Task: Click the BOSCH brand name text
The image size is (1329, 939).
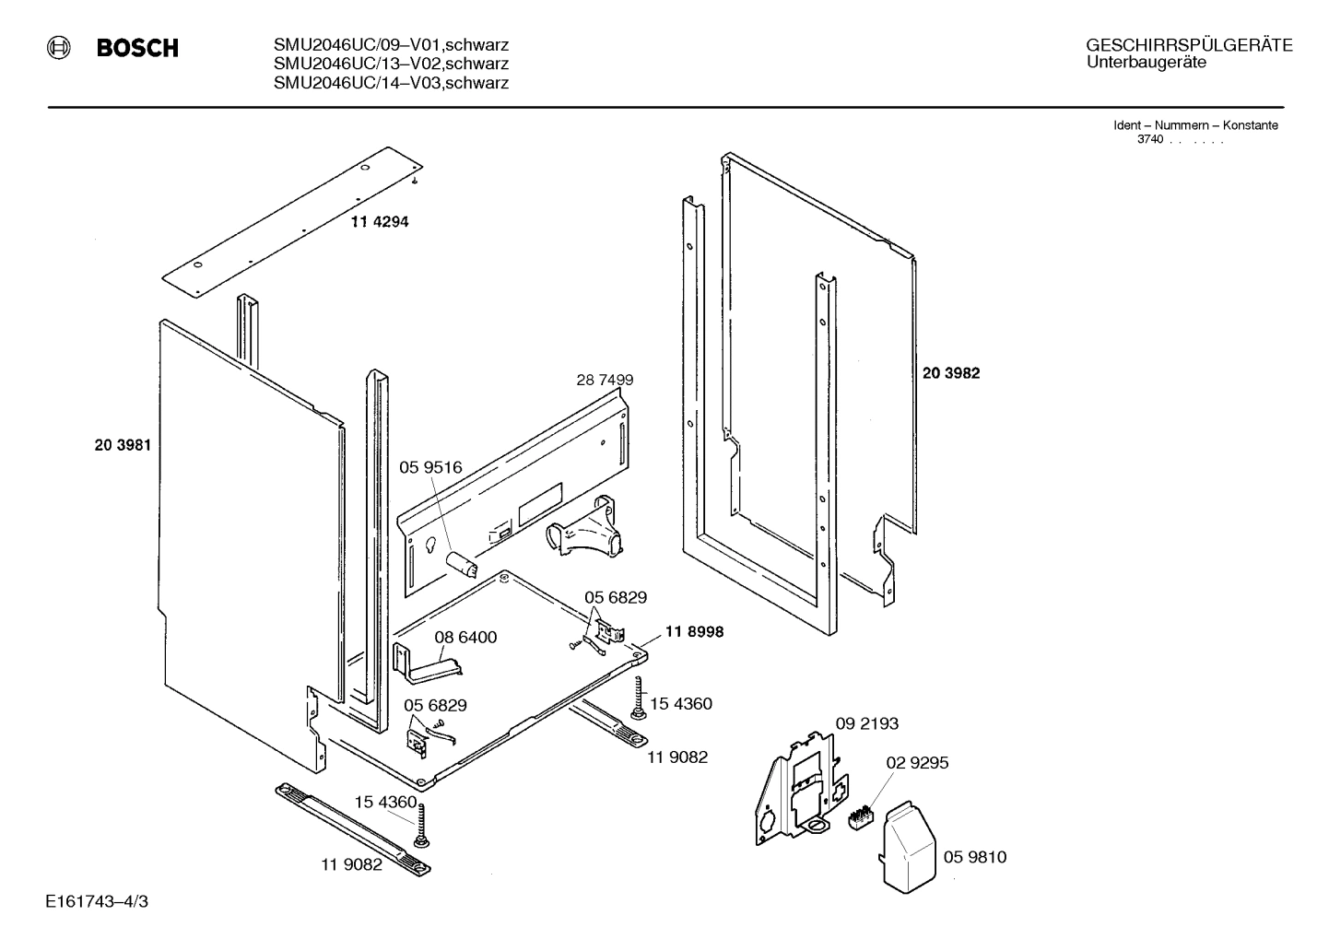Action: pyautogui.click(x=137, y=49)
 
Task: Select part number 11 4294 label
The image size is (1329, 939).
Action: pyautogui.click(x=379, y=222)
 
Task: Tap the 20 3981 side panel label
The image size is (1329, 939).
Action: pyautogui.click(x=122, y=445)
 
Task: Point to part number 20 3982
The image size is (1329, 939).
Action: pyautogui.click(x=950, y=373)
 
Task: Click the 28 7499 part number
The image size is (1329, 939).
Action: pyautogui.click(x=605, y=380)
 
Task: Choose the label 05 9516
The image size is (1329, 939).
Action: pyautogui.click(x=430, y=468)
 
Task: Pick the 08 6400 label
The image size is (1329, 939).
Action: pyautogui.click(x=465, y=638)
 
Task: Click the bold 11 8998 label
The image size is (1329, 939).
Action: pyautogui.click(x=692, y=632)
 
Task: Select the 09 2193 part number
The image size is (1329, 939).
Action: pyautogui.click(x=866, y=723)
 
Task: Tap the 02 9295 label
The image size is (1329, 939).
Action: pyautogui.click(x=917, y=763)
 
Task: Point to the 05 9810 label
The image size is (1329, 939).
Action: pyautogui.click(x=975, y=857)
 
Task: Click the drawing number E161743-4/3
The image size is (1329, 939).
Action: pyautogui.click(x=96, y=900)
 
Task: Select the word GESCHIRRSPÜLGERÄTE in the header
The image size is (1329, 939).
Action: pyautogui.click(x=1188, y=46)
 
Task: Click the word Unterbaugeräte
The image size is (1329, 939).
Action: pyautogui.click(x=1146, y=63)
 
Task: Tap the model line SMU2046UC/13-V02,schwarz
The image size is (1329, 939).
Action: pyautogui.click(x=391, y=64)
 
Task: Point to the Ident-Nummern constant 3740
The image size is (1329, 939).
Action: pyautogui.click(x=1150, y=139)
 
